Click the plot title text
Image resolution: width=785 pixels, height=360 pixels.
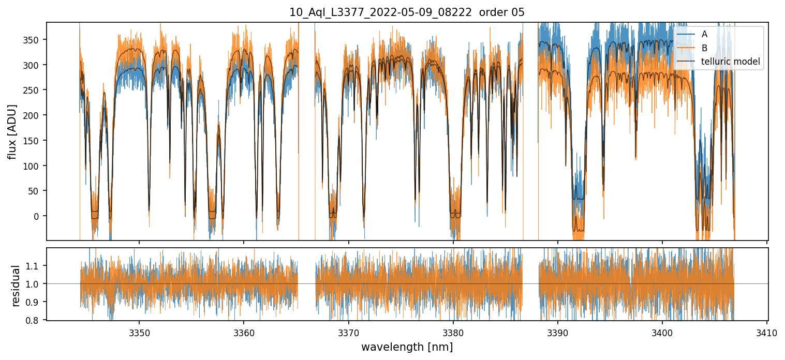click(x=407, y=12)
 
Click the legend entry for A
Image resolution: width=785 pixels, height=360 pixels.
click(x=704, y=34)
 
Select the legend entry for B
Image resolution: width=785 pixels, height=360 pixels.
click(x=704, y=48)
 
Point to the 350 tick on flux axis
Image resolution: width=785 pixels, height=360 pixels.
click(x=37, y=40)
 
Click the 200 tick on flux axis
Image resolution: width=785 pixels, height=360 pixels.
click(x=37, y=115)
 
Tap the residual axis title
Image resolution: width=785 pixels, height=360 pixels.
click(x=16, y=286)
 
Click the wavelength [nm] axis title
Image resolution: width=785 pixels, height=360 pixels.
click(x=407, y=347)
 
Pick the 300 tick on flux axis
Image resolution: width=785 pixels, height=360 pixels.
click(x=37, y=65)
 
